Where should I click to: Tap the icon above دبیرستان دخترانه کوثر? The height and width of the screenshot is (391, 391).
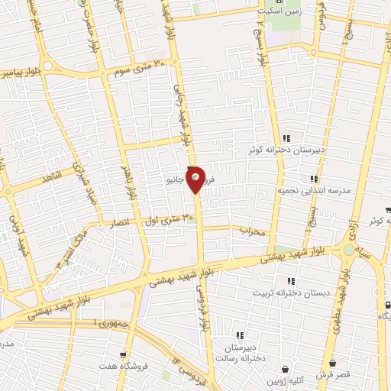[287, 138]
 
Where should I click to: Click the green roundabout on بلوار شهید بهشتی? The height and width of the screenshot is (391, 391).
[349, 250]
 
